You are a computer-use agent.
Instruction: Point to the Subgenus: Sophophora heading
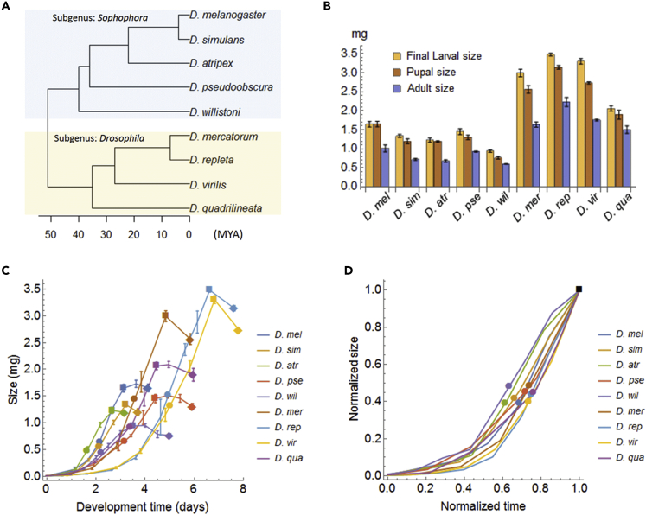[94, 17]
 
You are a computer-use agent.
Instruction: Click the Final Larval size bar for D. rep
[574, 120]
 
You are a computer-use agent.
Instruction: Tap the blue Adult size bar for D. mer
[560, 155]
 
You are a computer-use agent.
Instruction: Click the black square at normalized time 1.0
[579, 289]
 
